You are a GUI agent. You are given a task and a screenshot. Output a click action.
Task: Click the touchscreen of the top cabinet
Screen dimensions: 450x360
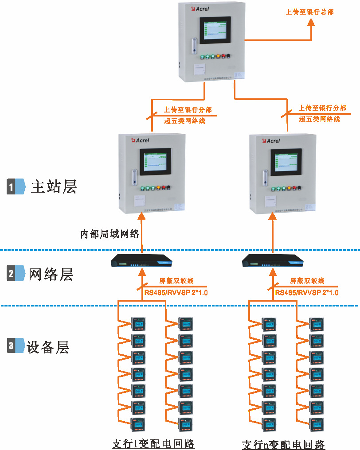tap(215, 30)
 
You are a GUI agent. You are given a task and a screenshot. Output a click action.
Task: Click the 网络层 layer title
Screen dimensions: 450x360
tap(51, 275)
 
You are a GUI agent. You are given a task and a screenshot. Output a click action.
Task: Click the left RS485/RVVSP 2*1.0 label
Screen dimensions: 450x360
tap(176, 293)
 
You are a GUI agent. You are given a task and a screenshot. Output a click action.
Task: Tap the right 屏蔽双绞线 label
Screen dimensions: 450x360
tap(307, 281)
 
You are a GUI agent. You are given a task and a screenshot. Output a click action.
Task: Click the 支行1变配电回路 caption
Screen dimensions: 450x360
tap(153, 443)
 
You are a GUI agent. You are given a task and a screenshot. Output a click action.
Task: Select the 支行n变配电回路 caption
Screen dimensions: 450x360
tap(284, 444)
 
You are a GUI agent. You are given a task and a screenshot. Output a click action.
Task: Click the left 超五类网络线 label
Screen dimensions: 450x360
tap(184, 120)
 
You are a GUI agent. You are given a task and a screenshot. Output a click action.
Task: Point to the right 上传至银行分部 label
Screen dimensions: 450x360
tap(322, 108)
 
